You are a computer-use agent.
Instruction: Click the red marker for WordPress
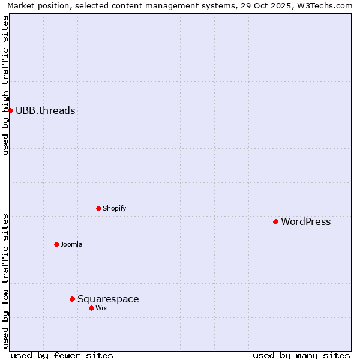[x=275, y=221]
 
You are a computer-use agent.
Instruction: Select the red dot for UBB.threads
[x=10, y=110]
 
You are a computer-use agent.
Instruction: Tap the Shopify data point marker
[x=98, y=208]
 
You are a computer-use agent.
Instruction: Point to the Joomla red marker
[x=56, y=244]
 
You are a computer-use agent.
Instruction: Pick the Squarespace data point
[x=72, y=299]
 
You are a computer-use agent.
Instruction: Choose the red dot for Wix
[x=91, y=308]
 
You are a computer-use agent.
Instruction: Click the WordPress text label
[x=305, y=221]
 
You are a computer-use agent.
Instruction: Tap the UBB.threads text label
[x=45, y=110]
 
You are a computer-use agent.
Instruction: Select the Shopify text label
[x=114, y=208]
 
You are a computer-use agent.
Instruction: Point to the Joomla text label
[x=71, y=244]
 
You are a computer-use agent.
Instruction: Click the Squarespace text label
[x=108, y=299]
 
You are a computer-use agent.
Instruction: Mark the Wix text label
[x=101, y=308]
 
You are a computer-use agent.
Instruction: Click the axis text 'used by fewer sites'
[x=62, y=355]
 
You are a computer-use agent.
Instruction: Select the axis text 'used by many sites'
[x=301, y=355]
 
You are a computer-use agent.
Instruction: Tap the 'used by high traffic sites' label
[x=5, y=85]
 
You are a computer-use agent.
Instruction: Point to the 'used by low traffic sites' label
[x=5, y=280]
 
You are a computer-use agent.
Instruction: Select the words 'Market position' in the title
[x=35, y=5]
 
